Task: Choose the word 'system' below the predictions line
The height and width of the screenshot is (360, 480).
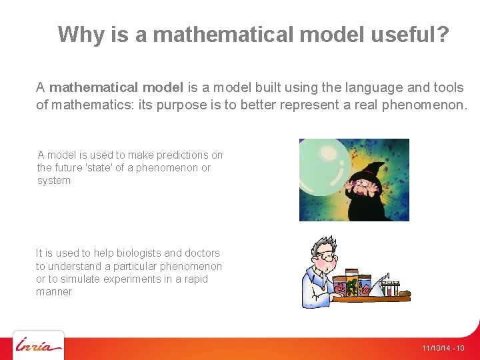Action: coord(53,181)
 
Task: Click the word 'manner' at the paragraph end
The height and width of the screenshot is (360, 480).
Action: coord(54,292)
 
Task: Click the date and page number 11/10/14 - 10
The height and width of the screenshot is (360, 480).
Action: coord(443,349)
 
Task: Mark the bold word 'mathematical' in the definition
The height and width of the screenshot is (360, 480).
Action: coord(93,87)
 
